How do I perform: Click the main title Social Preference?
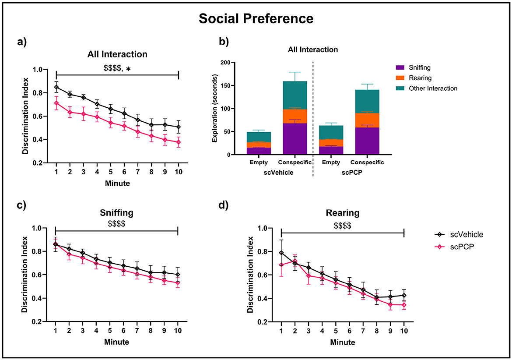pyautogui.click(x=256, y=19)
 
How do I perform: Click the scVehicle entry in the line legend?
pyautogui.click(x=464, y=234)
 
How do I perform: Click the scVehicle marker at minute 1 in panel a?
pyautogui.click(x=56, y=87)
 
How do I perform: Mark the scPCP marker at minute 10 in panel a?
pyautogui.click(x=179, y=142)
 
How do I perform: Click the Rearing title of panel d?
pyautogui.click(x=342, y=213)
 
